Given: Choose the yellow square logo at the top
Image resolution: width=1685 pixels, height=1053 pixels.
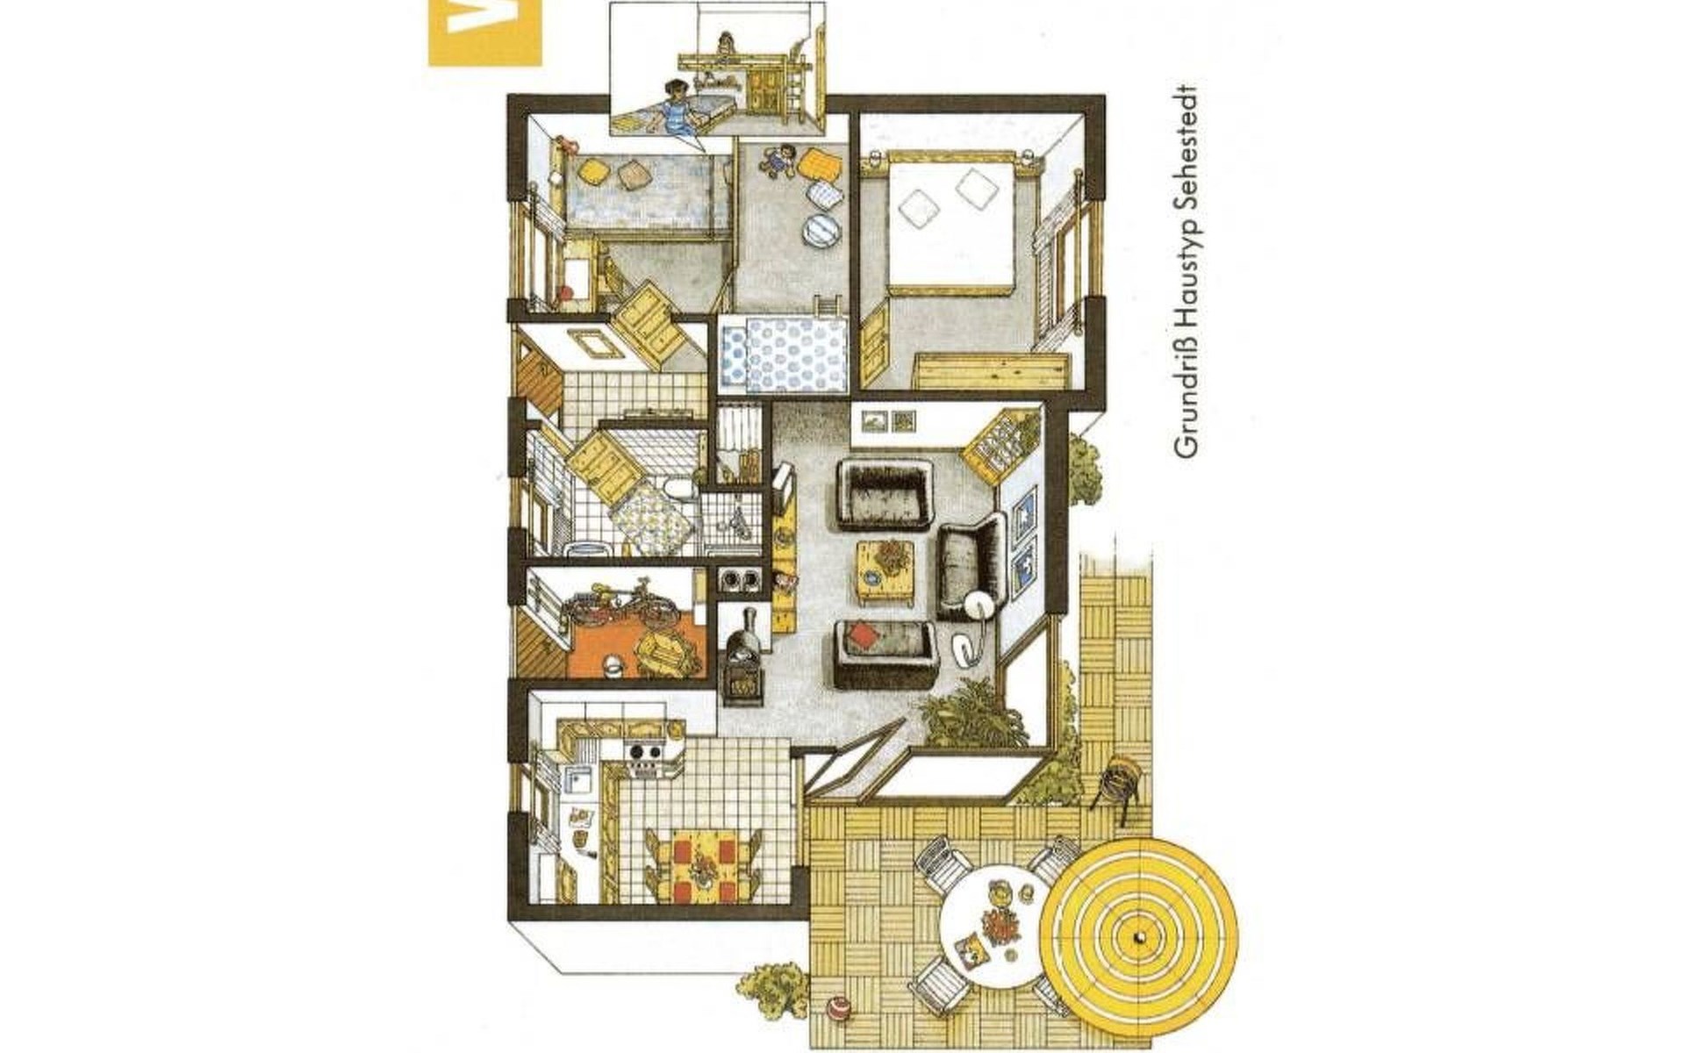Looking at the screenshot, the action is (484, 32).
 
